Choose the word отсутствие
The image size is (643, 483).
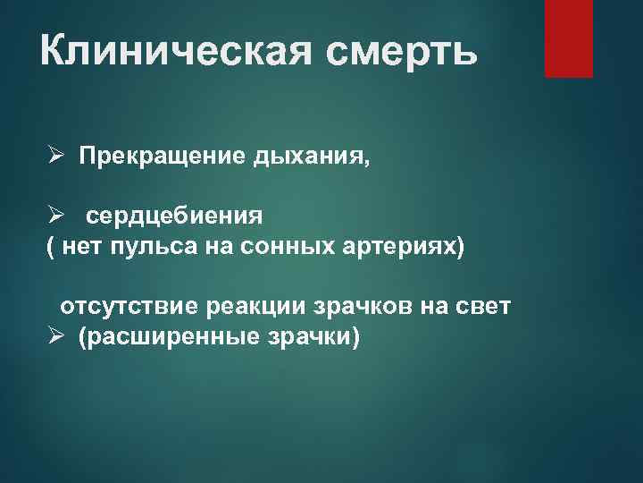129,307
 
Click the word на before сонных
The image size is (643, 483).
218,247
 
